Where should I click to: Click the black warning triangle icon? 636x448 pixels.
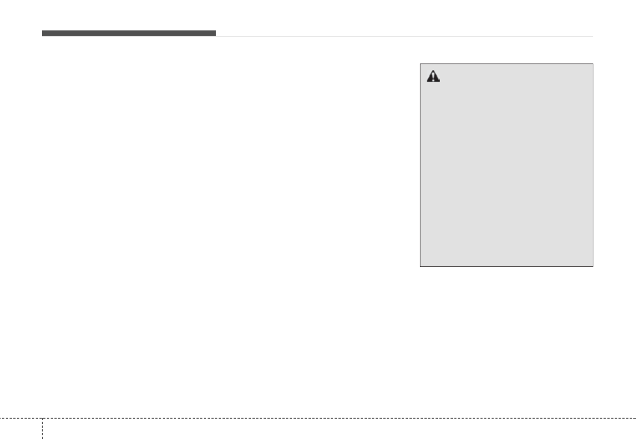[x=433, y=77]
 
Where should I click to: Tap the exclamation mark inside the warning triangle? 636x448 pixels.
[x=433, y=78]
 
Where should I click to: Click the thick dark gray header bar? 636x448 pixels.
[x=129, y=33]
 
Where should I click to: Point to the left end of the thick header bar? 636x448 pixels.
[x=43, y=33]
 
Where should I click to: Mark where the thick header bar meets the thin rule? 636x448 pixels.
[x=216, y=35]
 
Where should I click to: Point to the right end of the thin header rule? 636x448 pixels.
[x=593, y=36]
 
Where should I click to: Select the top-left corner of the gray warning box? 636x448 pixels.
[x=420, y=64]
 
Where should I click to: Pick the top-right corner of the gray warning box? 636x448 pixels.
[x=593, y=64]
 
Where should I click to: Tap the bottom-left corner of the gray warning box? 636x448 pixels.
[x=420, y=266]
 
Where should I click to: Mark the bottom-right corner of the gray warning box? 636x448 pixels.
[x=593, y=266]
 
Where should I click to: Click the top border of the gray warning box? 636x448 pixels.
[x=507, y=64]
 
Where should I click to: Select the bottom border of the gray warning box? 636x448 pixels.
[x=507, y=266]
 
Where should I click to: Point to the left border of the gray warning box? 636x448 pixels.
[x=420, y=165]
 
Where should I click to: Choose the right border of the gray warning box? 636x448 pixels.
[x=593, y=165]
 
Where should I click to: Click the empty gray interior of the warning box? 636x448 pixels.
[x=507, y=171]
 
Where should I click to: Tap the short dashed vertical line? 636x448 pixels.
[x=42, y=433]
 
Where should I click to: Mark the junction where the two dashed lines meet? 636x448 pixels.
[x=42, y=418]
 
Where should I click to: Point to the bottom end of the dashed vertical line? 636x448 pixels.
[x=42, y=447]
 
